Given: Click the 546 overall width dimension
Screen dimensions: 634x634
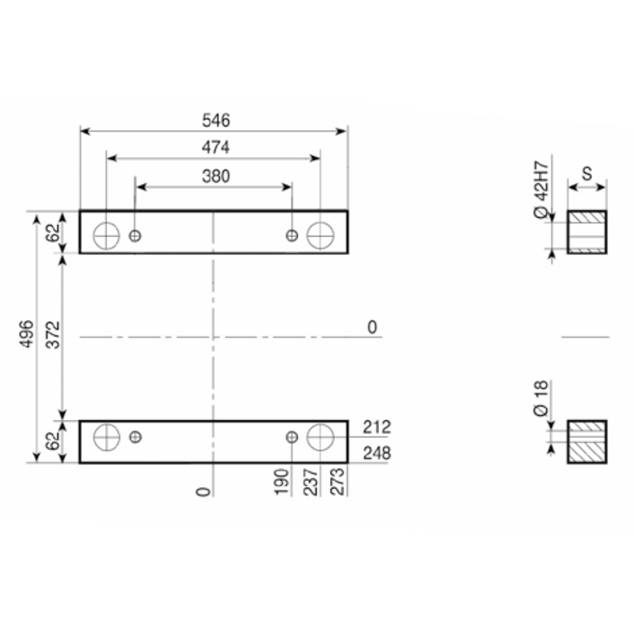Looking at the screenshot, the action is pos(216,120).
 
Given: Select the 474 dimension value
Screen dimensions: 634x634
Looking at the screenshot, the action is pos(216,147).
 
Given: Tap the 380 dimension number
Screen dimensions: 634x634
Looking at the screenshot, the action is pos(216,176).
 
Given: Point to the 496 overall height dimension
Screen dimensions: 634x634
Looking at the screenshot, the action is pos(27,334).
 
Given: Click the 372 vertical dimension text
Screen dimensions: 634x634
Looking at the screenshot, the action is pos(53,334).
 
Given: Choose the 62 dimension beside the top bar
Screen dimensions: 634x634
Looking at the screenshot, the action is pos(52,232).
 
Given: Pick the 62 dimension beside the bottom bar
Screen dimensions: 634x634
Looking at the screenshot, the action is pos(52,441).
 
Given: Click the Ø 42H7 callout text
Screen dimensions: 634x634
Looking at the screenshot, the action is pos(542,190).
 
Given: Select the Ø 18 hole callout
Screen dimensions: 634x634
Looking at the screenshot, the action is pos(541,399).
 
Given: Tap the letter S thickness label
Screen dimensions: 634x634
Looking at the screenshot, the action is pos(587,174).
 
